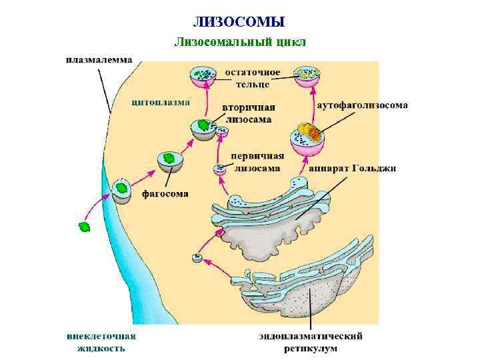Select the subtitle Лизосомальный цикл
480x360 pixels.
pyautogui.click(x=239, y=42)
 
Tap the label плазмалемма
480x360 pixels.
pyautogui.click(x=98, y=60)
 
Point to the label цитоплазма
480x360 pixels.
pyautogui.click(x=160, y=103)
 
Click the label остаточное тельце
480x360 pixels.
pyautogui.click(x=252, y=77)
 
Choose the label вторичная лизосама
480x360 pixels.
pyautogui.click(x=248, y=113)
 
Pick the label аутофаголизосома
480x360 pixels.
pyautogui.click(x=363, y=105)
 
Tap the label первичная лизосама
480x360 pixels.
pyautogui.click(x=257, y=162)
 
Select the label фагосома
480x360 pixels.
pyautogui.click(x=165, y=194)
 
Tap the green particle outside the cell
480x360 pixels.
pyautogui.click(x=85, y=227)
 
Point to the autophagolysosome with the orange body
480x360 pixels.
pyautogui.click(x=307, y=139)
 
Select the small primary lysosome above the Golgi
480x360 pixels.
pyautogui.click(x=219, y=169)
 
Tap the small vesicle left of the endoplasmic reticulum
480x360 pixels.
pyautogui.click(x=197, y=257)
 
